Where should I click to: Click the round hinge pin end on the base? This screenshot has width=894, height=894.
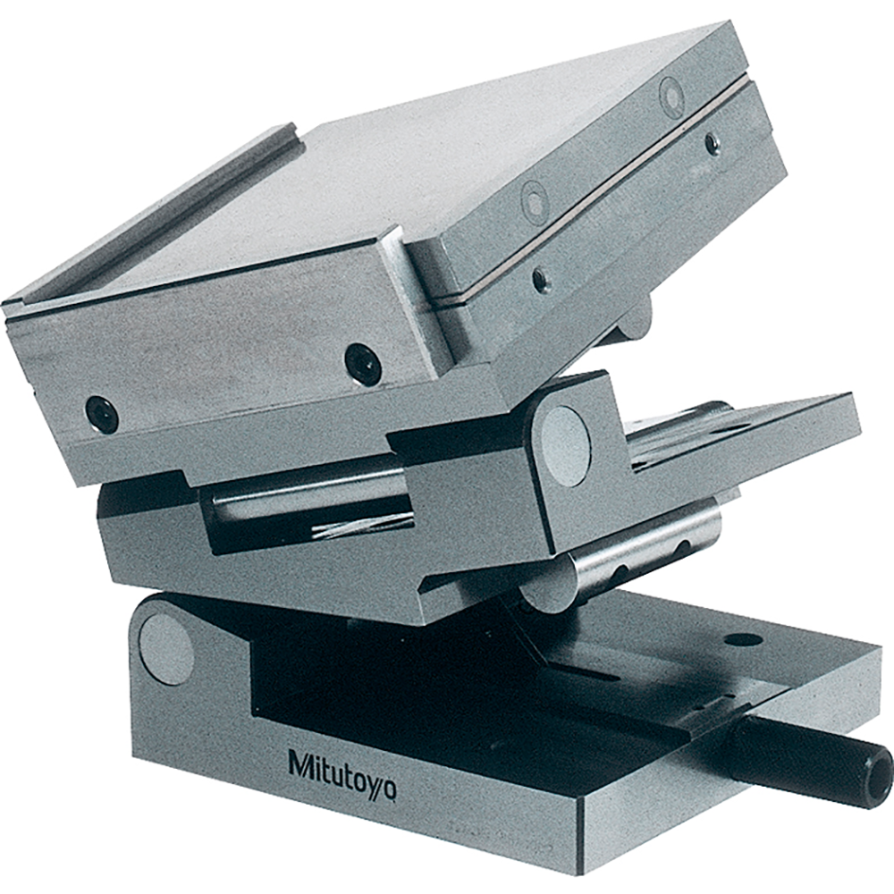click(x=166, y=649)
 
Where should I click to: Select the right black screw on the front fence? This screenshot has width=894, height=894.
click(x=363, y=360)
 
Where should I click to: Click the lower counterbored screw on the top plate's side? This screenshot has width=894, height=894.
click(x=536, y=203)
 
